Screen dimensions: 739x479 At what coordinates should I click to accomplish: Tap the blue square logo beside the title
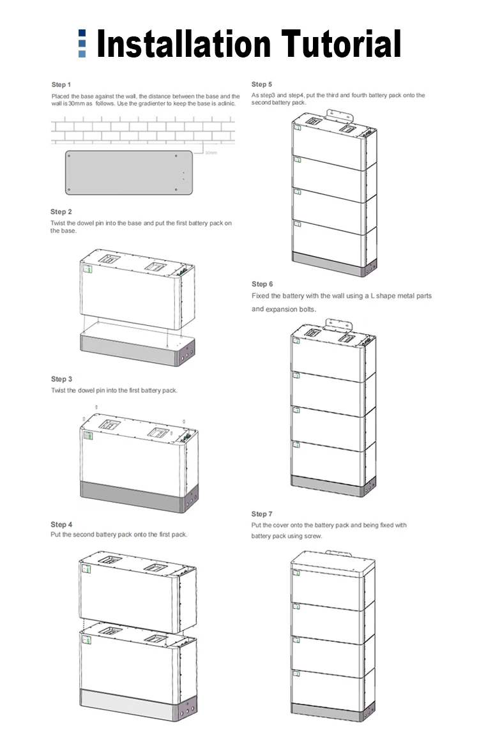[x=82, y=43]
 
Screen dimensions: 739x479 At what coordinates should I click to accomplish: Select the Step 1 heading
[x=61, y=84]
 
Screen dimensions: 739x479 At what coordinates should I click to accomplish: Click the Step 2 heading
[x=61, y=211]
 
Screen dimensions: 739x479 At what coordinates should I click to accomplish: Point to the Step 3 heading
[x=61, y=379]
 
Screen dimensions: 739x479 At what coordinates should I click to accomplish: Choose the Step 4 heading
[x=61, y=524]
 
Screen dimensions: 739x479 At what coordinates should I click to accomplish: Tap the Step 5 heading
[x=262, y=84]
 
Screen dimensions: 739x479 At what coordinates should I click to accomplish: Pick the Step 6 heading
[x=262, y=284]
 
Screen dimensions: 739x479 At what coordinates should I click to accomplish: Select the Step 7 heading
[x=262, y=514]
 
